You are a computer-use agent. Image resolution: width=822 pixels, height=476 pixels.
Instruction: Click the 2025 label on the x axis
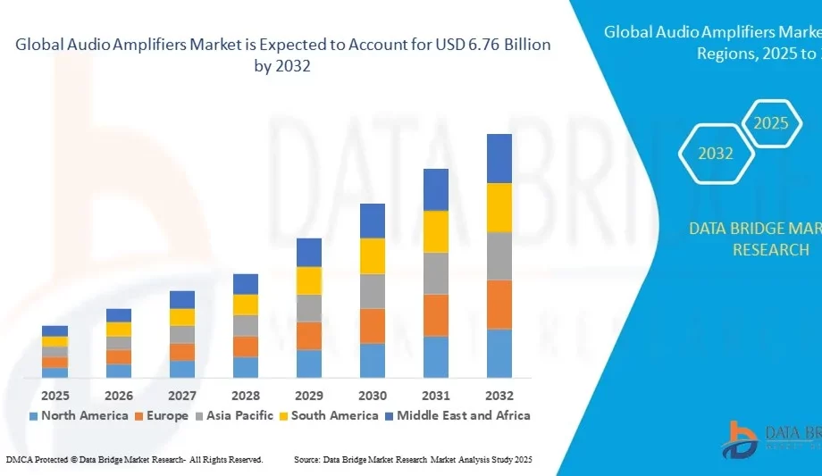[x=55, y=395]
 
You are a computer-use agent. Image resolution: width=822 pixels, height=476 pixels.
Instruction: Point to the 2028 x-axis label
[x=245, y=395]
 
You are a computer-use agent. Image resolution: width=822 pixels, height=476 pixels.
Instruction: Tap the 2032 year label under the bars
[x=499, y=395]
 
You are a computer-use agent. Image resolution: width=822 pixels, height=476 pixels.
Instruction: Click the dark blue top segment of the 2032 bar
[x=499, y=158]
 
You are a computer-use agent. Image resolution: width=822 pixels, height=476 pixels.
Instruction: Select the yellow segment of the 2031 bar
[x=435, y=231]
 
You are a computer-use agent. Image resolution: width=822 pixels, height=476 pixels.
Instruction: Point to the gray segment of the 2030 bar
[x=372, y=291]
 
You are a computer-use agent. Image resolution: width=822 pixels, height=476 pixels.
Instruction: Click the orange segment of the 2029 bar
[x=308, y=336]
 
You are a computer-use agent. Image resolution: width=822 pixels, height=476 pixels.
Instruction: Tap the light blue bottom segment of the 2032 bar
[x=499, y=353]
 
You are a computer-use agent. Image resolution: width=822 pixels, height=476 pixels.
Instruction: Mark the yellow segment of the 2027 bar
[x=181, y=317]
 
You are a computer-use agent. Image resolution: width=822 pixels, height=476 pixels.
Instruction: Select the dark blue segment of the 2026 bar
[x=118, y=315]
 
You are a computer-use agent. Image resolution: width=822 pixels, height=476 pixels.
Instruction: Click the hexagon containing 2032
[x=716, y=154]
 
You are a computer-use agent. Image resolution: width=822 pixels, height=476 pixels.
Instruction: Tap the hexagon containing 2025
[x=770, y=123]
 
